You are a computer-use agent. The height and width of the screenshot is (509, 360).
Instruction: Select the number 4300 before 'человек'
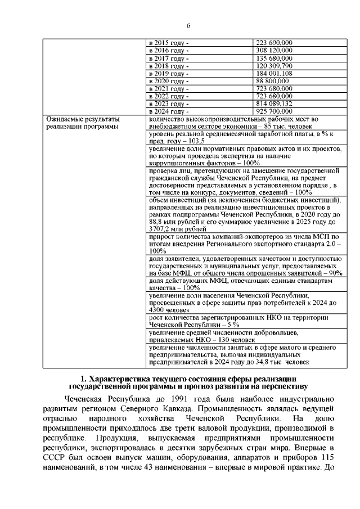coord(158,309)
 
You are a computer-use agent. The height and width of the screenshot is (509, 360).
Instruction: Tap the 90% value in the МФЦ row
coord(335,272)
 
